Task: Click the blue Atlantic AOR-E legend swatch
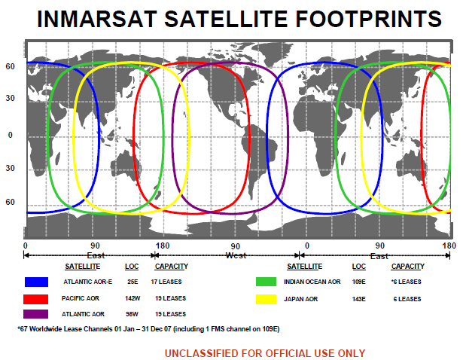(36, 282)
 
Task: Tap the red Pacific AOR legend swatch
(35, 299)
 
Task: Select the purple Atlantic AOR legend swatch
(35, 314)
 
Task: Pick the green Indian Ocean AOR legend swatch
(266, 282)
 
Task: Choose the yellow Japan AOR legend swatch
(266, 299)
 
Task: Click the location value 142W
(133, 298)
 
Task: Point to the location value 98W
(132, 314)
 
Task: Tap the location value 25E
(133, 282)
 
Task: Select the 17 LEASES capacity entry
(166, 282)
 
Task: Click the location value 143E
(359, 299)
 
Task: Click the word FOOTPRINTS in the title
(368, 19)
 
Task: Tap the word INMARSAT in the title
(97, 19)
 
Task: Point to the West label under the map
(236, 255)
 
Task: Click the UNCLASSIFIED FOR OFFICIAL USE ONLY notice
(265, 353)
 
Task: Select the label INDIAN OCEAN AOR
(312, 282)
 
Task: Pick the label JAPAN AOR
(301, 299)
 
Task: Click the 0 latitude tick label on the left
(11, 136)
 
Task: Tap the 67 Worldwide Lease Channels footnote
(148, 328)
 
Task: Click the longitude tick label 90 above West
(235, 246)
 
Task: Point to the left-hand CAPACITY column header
(172, 267)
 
